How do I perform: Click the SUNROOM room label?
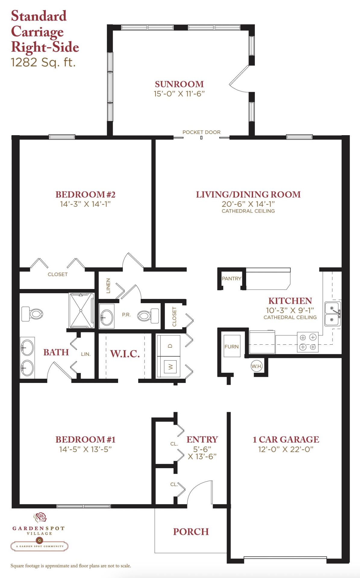(179, 84)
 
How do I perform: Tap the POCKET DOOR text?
(201, 132)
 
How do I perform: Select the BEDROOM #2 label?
(85, 194)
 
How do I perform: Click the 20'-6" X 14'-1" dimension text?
(248, 204)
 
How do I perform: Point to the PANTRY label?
(231, 278)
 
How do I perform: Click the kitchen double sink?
(333, 314)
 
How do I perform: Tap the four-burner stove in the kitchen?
(308, 342)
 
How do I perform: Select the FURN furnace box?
(232, 346)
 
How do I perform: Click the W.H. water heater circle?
(257, 366)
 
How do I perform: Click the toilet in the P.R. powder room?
(148, 315)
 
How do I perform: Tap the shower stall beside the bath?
(81, 310)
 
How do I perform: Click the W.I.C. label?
(125, 354)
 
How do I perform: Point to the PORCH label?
(191, 532)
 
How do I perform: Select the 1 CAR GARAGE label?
(286, 440)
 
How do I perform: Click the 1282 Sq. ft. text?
(43, 62)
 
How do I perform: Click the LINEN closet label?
(108, 286)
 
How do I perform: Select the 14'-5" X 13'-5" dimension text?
(86, 449)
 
